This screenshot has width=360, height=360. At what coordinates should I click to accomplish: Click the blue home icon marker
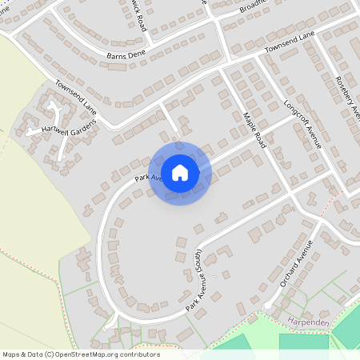[x=180, y=172]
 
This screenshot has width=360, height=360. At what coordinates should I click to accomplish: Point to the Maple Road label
[x=254, y=128]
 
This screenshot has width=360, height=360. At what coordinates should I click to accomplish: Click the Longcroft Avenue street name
[x=302, y=125]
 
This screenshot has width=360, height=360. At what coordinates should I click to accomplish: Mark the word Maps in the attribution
[x=12, y=354]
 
